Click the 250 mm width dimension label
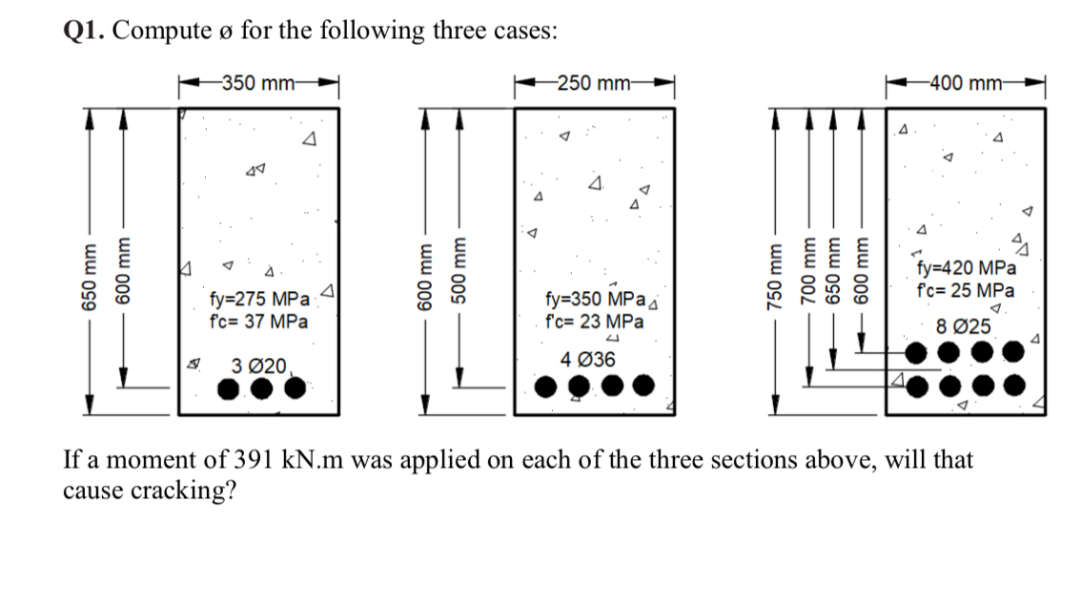point(593,83)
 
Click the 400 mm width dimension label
point(967,83)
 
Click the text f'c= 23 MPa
point(593,322)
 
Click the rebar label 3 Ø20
point(257,365)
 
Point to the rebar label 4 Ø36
point(588,360)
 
